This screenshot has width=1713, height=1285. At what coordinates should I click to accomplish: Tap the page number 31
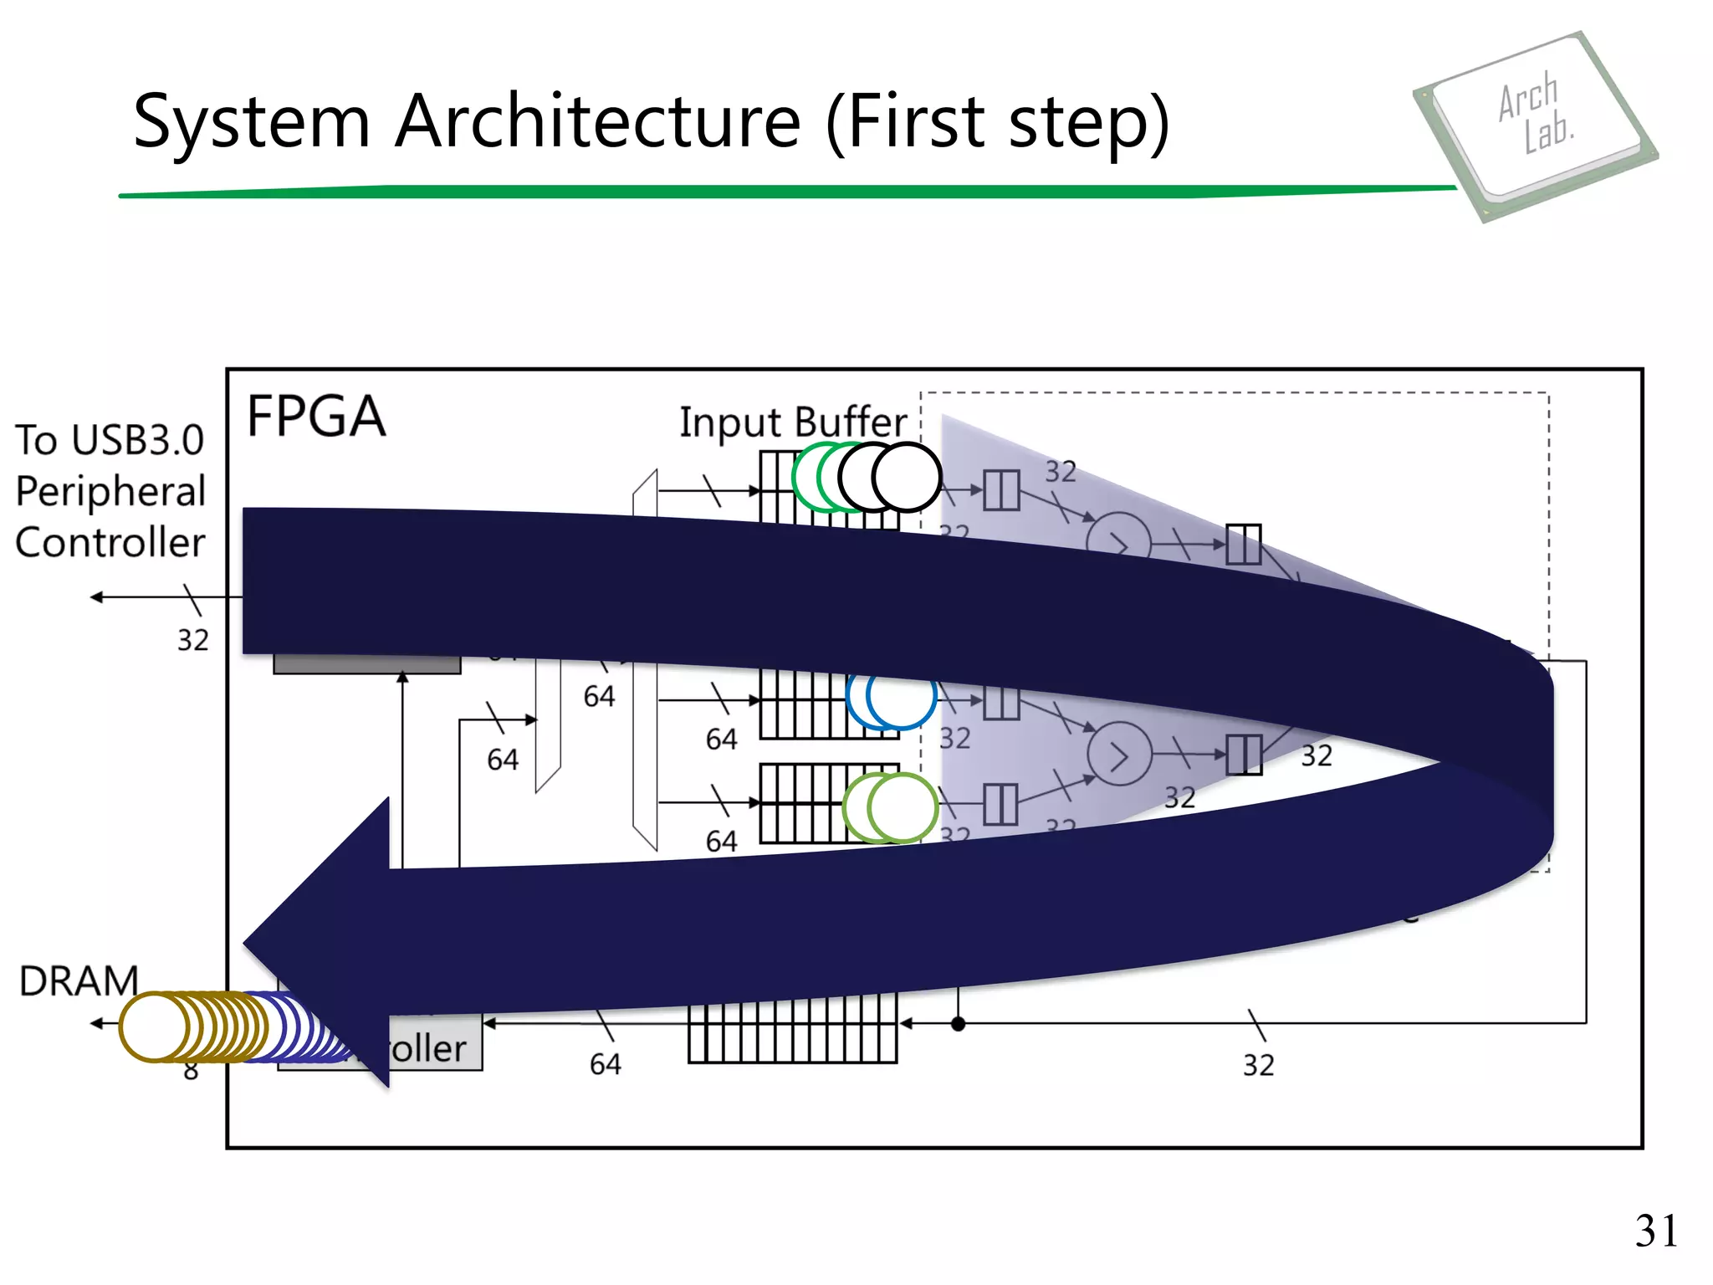point(1656,1231)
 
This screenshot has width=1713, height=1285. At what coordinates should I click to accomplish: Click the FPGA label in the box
point(316,417)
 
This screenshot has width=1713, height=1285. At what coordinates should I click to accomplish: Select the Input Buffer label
point(792,422)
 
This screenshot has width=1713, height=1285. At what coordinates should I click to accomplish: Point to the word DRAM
point(79,980)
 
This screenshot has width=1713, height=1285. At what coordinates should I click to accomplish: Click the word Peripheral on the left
point(110,491)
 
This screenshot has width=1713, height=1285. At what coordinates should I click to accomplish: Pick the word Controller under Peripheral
point(110,542)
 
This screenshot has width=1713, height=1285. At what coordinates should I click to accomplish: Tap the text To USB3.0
point(110,440)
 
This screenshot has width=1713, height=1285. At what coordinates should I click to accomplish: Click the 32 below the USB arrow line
point(192,640)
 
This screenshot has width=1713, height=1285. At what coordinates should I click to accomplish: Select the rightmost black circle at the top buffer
point(907,477)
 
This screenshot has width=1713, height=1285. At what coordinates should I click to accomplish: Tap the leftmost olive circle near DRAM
point(154,1026)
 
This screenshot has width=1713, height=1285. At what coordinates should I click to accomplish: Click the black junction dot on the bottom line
point(959,1023)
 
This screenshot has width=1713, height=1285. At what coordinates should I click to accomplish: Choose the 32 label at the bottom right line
point(1258,1065)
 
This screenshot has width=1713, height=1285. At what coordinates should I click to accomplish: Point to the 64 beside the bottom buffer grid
point(605,1064)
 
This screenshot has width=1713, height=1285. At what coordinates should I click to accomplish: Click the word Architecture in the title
point(598,121)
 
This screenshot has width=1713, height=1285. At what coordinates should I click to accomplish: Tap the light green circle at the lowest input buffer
point(902,808)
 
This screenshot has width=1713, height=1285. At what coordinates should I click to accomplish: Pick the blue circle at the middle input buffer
point(901,696)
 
